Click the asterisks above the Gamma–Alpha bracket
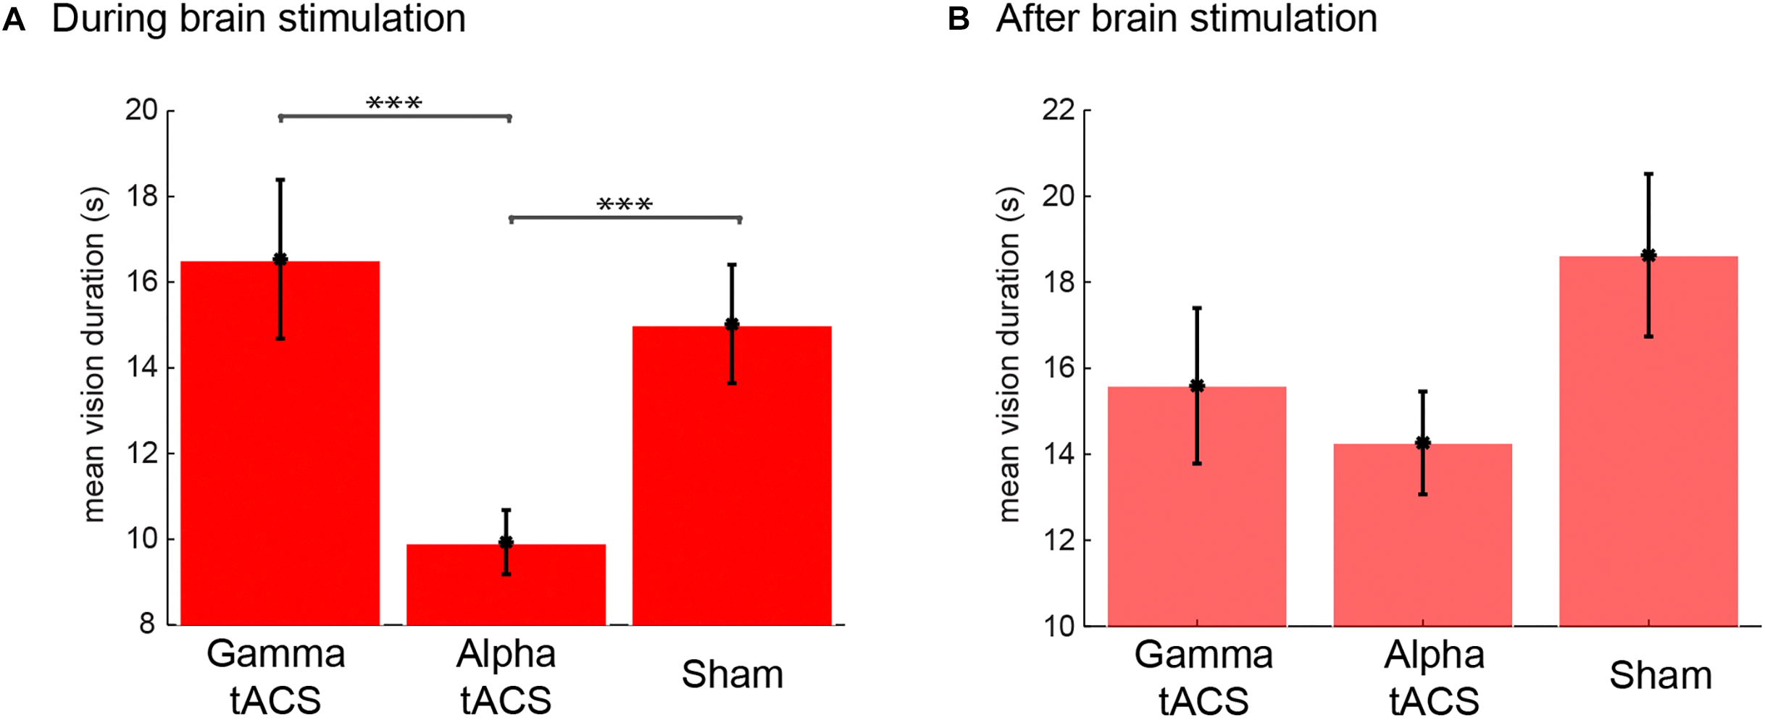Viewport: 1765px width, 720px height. (x=394, y=103)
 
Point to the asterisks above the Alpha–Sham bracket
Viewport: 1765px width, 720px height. (x=625, y=204)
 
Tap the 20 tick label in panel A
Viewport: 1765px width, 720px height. (x=141, y=110)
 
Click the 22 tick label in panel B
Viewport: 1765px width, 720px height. (x=1058, y=110)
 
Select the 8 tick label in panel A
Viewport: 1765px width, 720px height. (x=147, y=624)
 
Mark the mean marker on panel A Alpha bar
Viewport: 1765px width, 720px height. (x=506, y=543)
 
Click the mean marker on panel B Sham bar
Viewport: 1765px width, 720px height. (x=1648, y=255)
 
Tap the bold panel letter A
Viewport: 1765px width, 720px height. (x=14, y=20)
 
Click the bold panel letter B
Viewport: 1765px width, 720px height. (x=958, y=20)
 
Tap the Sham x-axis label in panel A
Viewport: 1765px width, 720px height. (x=732, y=674)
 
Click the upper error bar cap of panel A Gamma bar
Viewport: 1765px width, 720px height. (x=280, y=180)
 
